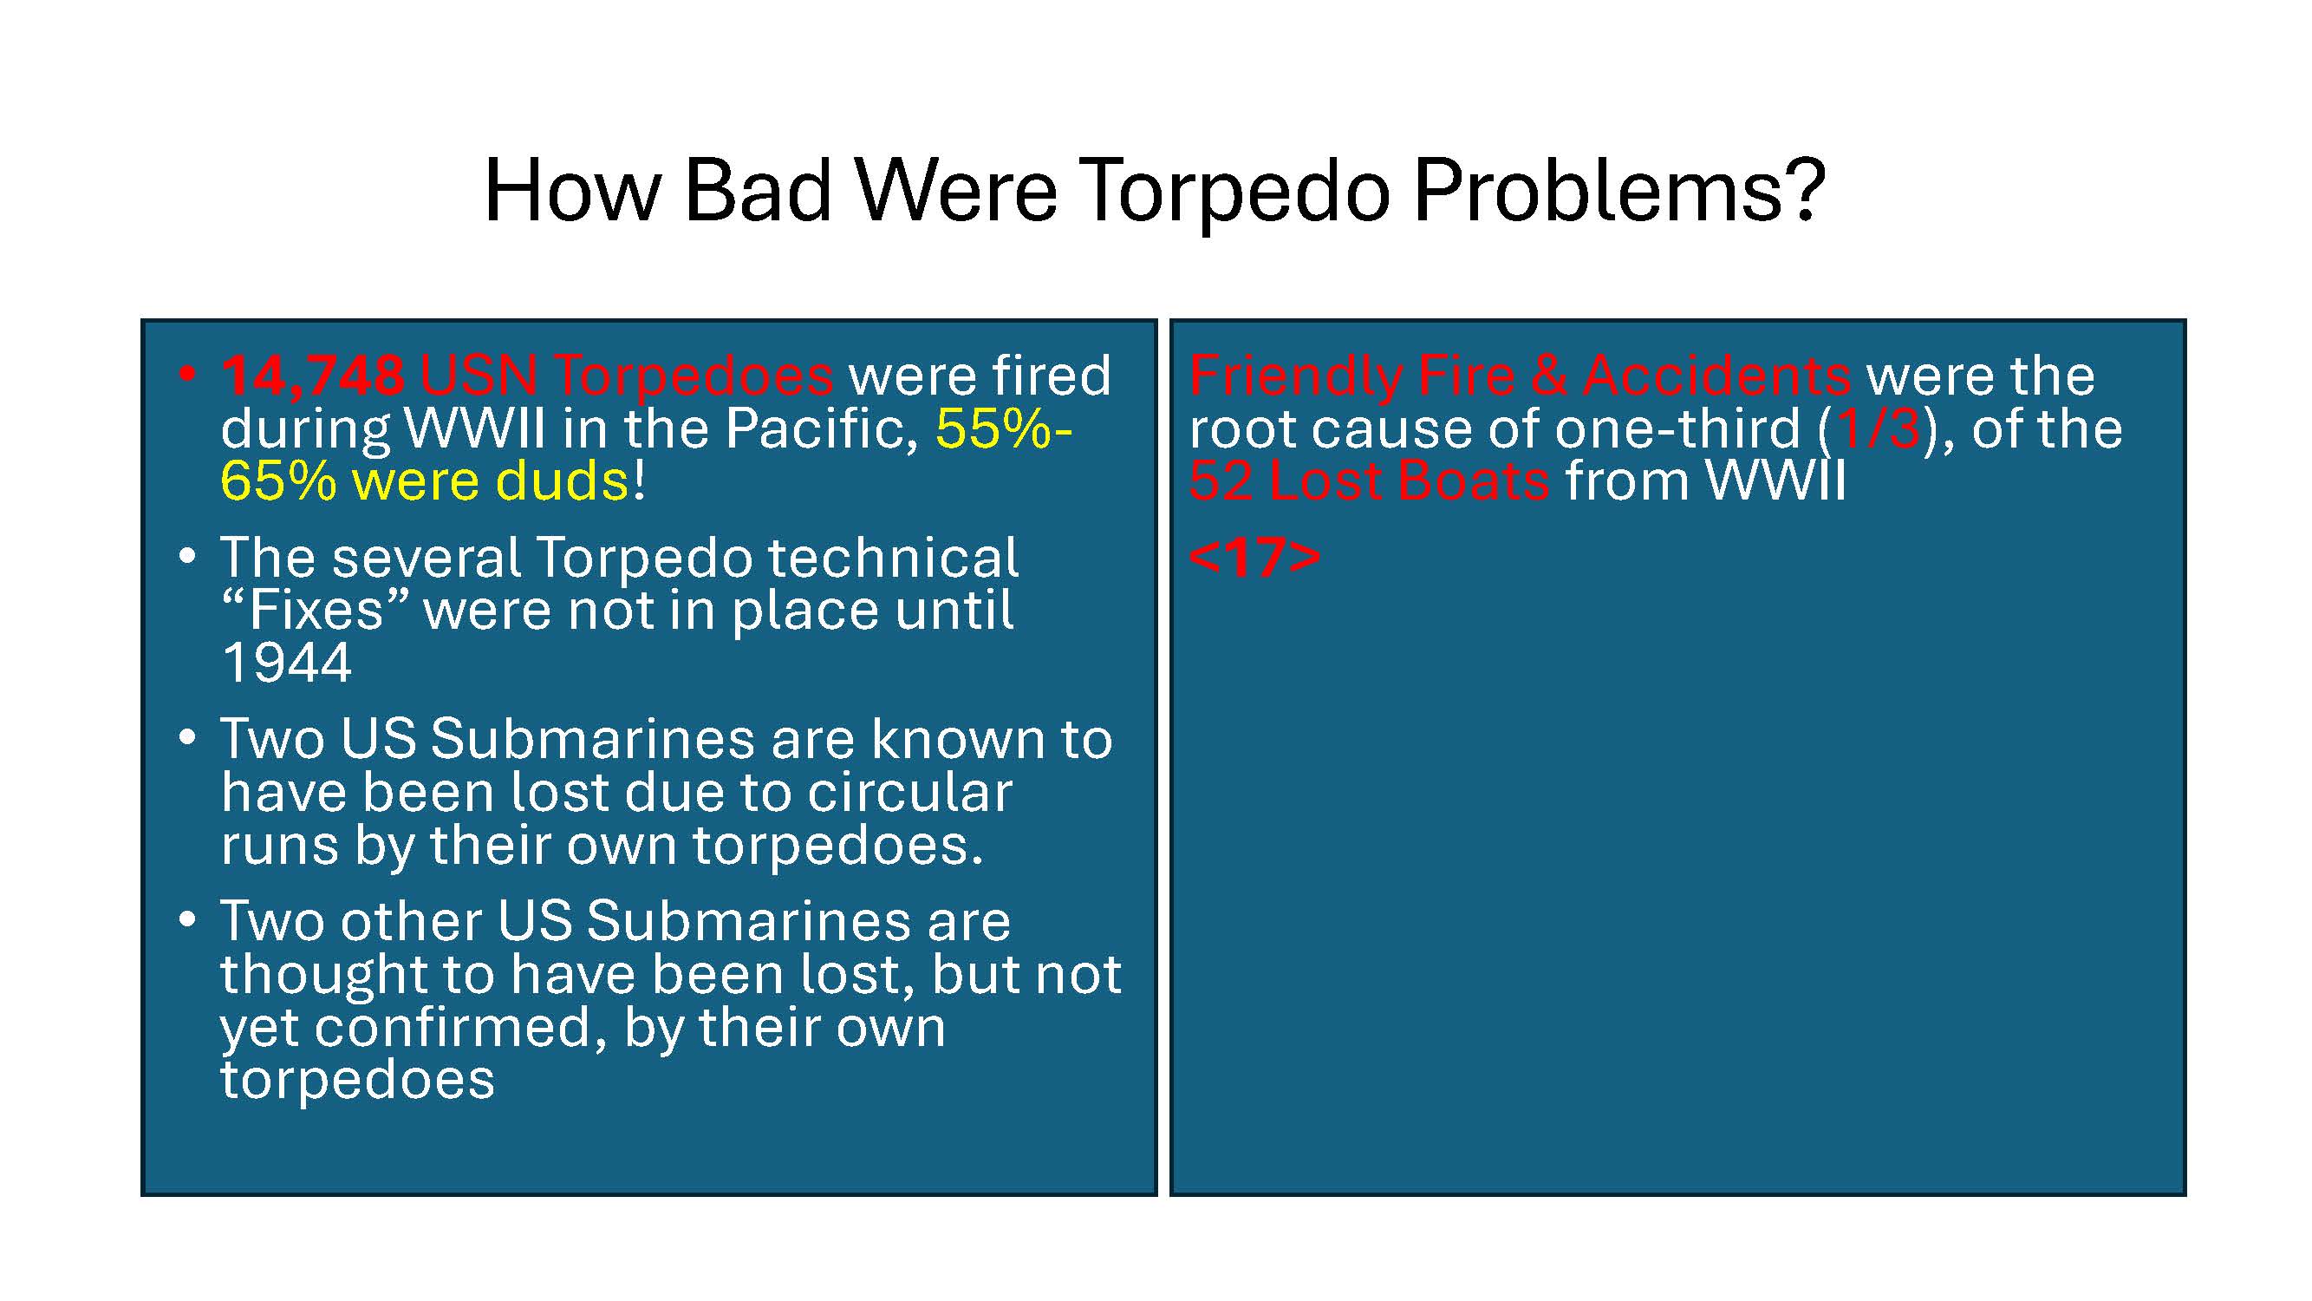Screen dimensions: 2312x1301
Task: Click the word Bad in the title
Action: (758, 190)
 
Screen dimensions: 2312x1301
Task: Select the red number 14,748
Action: (312, 376)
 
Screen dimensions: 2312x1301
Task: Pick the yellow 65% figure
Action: (278, 481)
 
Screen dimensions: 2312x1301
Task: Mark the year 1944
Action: (286, 664)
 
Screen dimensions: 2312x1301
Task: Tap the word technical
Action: (893, 558)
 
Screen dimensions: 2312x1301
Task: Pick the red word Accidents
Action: (1717, 376)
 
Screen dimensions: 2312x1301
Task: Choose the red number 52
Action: (1221, 481)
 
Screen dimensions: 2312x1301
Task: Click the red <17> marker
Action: (1254, 558)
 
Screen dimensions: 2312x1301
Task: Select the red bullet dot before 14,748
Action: (186, 375)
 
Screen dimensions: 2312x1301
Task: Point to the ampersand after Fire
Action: (1549, 376)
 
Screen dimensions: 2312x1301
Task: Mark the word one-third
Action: (1677, 429)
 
